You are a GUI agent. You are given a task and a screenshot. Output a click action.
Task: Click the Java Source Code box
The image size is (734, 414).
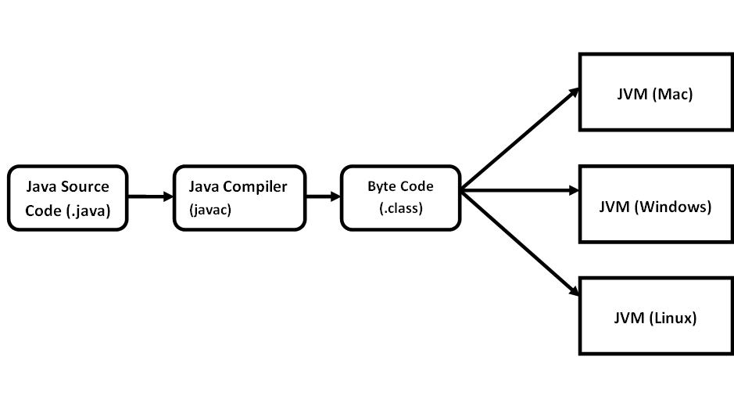67,197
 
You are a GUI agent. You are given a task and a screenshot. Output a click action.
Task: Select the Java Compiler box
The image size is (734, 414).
238,197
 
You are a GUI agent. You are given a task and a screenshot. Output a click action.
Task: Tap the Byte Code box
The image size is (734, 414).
400,197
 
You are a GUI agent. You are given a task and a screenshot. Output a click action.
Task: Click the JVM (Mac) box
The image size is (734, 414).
655,92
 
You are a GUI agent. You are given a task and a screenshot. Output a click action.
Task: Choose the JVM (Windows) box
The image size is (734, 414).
655,206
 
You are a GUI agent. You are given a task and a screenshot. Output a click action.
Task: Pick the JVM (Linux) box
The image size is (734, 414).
655,317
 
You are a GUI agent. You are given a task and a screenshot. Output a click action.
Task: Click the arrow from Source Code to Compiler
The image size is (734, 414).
149,196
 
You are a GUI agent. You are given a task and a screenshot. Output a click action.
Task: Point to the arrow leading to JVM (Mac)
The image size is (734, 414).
519,139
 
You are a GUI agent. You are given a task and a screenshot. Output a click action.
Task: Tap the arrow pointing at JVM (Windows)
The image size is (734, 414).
519,189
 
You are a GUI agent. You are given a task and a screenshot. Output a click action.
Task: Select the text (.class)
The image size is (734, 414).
400,209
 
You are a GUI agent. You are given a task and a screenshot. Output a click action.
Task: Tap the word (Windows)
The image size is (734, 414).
674,207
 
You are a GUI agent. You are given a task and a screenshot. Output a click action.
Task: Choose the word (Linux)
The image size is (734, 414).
674,319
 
